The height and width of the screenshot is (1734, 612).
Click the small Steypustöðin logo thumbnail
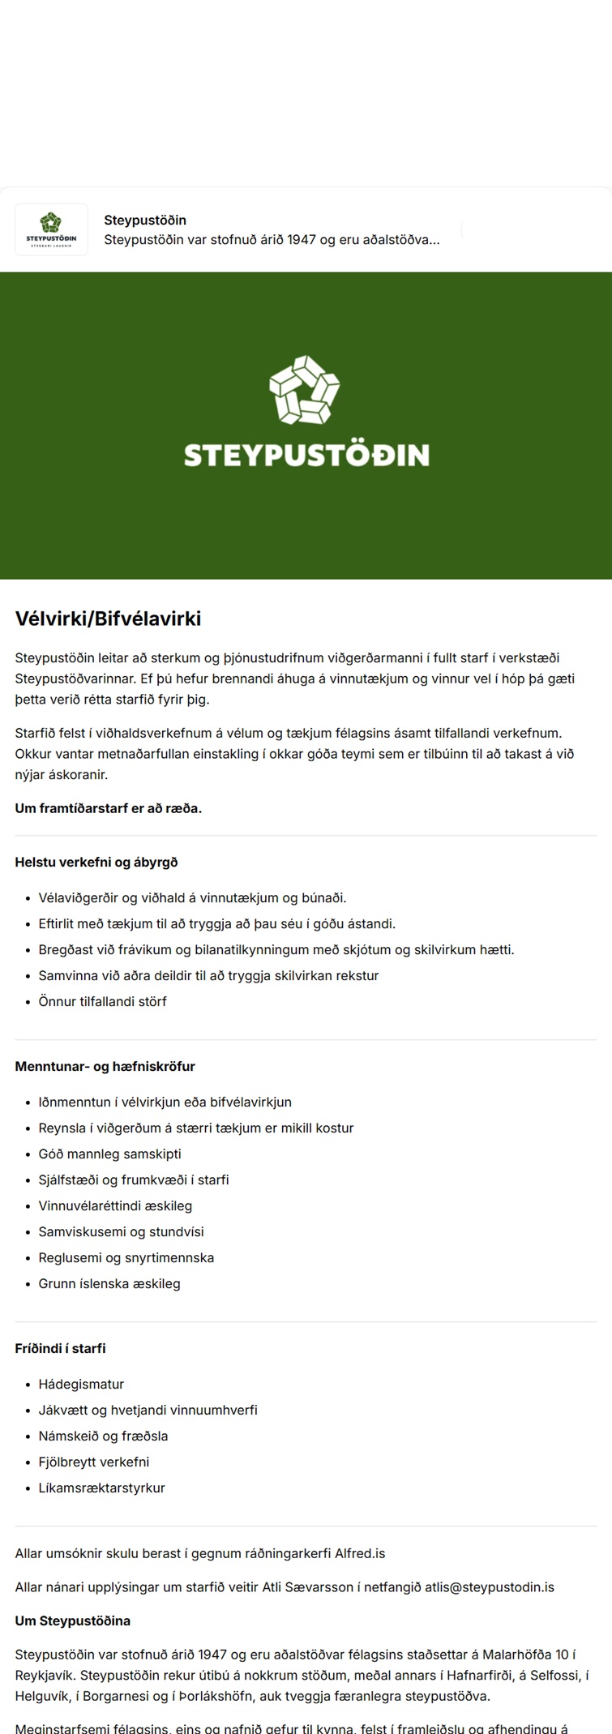(51, 229)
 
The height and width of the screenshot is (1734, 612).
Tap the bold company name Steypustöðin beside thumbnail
(145, 220)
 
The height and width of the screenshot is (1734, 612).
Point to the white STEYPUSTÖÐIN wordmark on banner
(306, 455)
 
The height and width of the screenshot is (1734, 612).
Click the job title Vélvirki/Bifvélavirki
(108, 619)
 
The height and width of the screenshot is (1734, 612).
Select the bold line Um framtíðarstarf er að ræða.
(108, 808)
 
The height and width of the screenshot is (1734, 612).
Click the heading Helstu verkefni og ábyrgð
(96, 863)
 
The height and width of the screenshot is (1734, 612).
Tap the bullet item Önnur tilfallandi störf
(102, 1002)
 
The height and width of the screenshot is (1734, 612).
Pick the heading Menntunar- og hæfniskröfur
(105, 1067)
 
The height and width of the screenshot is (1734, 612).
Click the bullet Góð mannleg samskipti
(109, 1154)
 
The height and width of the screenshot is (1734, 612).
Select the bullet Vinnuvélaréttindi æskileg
(115, 1206)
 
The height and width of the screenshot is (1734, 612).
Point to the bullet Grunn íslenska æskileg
(109, 1284)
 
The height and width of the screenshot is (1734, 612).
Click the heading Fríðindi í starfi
(60, 1349)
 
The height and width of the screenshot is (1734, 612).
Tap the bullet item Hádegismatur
(81, 1385)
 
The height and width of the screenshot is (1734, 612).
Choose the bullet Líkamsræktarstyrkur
(101, 1488)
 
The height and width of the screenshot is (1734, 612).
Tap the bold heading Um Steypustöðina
(72, 1621)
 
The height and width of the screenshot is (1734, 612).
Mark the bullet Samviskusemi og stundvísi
(121, 1232)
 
